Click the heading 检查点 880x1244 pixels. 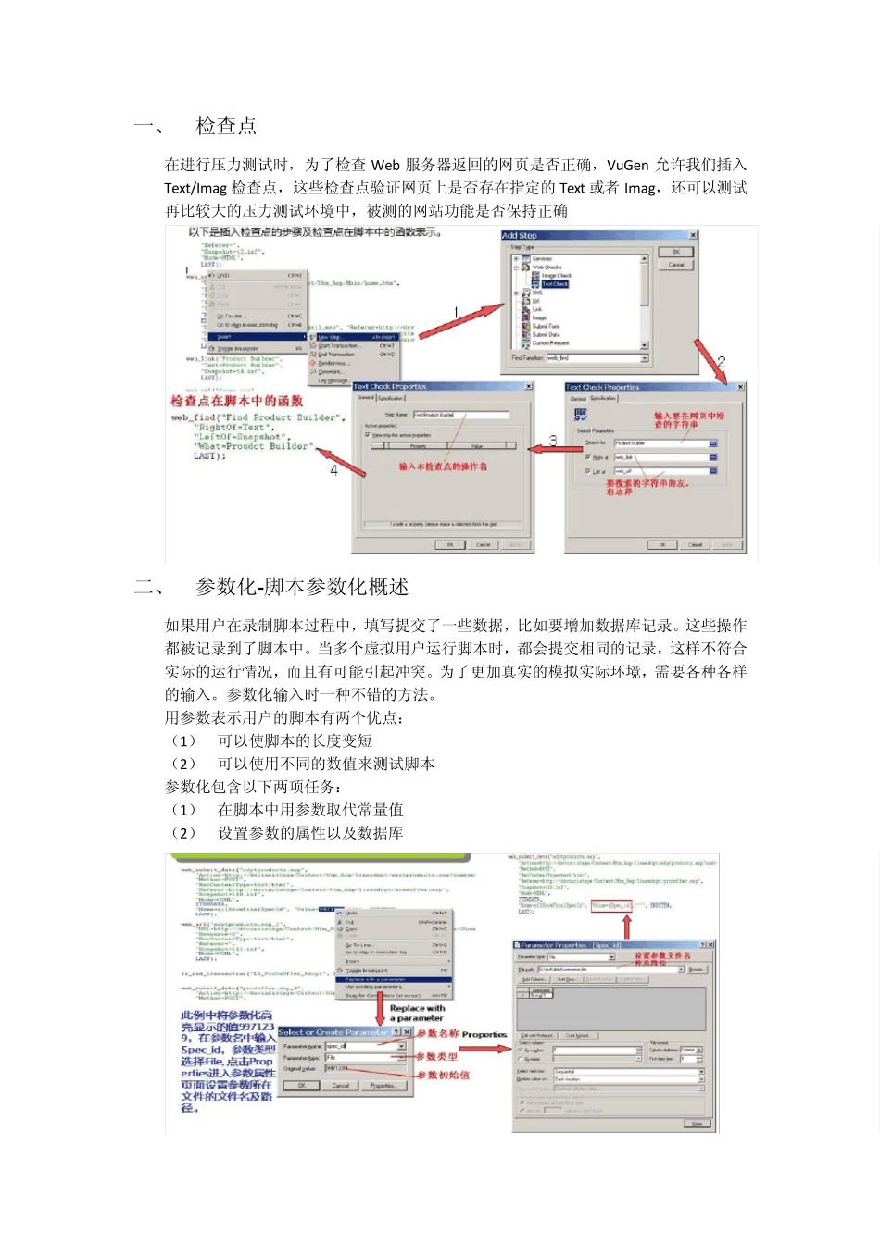point(226,126)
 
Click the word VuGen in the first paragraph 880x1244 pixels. point(629,165)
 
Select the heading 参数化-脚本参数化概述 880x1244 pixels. point(302,587)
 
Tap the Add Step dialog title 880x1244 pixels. point(520,236)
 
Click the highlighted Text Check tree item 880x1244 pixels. point(555,284)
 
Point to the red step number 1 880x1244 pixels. point(456,312)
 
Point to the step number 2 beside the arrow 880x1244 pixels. point(721,362)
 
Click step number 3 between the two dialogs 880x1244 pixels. point(553,441)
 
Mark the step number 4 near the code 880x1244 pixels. point(334,469)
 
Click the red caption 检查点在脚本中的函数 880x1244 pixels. point(237,401)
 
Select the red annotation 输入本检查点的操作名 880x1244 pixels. point(443,466)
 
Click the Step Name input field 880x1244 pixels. point(460,415)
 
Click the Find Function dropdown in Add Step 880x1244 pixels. point(597,357)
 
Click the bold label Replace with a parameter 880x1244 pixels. point(417,1013)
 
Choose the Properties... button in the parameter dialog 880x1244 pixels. point(383,1086)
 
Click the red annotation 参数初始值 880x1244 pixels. point(443,1075)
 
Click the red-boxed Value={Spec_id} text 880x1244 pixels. point(611,905)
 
